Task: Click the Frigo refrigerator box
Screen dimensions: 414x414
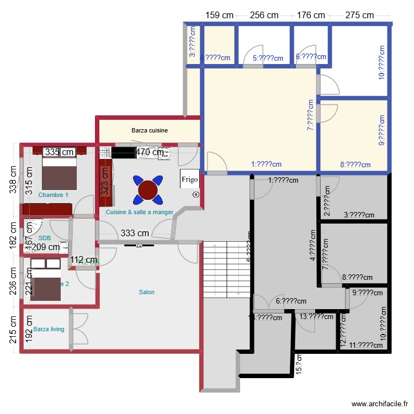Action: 189,179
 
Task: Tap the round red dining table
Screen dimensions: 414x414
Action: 148,189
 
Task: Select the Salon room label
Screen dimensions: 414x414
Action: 146,292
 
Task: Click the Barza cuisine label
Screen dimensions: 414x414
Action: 149,131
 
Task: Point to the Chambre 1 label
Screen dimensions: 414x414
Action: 54,195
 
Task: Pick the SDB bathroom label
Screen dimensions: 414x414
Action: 45,238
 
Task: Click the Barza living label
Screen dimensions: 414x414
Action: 49,329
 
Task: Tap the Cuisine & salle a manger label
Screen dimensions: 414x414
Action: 140,212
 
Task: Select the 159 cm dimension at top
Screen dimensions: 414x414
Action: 219,15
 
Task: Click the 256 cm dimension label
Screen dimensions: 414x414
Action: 264,15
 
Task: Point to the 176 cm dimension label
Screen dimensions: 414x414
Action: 311,15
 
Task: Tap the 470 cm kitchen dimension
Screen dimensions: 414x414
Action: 150,152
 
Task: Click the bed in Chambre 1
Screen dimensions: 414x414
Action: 59,172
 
